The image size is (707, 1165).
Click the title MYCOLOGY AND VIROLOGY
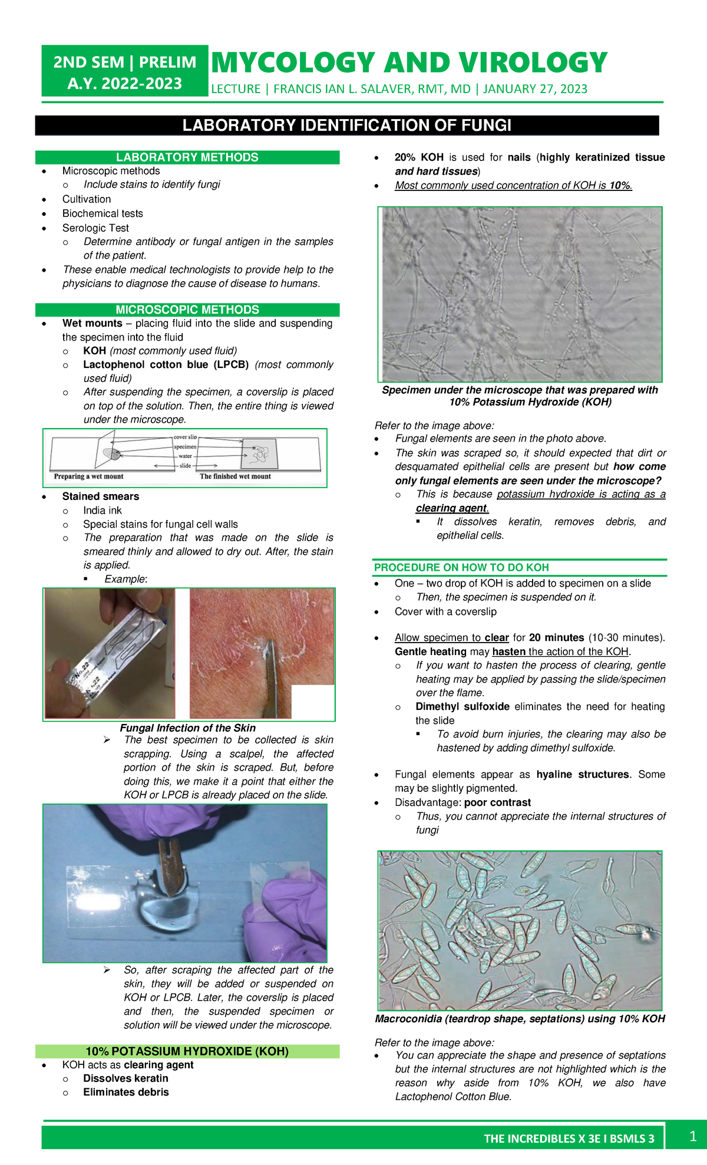[408, 63]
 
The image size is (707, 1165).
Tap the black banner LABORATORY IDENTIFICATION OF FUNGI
[346, 125]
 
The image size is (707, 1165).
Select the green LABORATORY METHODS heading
[187, 157]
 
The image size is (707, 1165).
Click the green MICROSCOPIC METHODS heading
[187, 310]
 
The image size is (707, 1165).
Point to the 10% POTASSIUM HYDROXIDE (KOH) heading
[187, 1051]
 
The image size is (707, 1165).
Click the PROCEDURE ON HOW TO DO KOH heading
[461, 567]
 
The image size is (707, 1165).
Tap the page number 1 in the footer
[693, 1136]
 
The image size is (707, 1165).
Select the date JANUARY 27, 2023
[535, 89]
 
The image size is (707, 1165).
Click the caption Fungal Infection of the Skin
[187, 728]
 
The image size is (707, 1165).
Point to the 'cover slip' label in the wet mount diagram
[185, 437]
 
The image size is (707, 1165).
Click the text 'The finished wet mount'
[235, 476]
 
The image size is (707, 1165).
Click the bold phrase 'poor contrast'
[497, 802]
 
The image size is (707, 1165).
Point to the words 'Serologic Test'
[95, 228]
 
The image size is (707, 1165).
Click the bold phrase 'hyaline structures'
[582, 774]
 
